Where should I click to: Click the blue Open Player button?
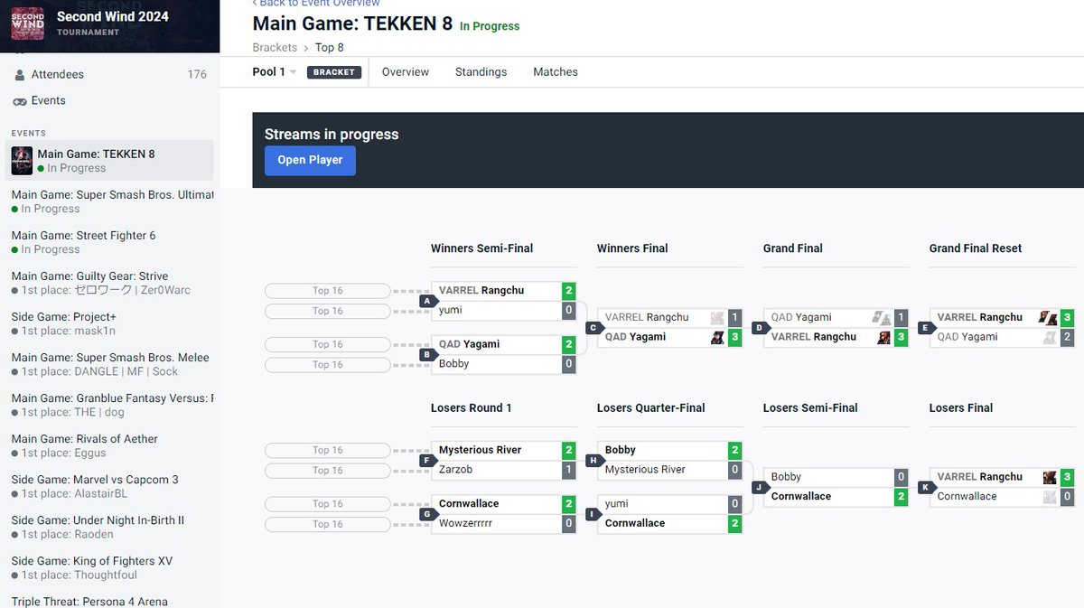(310, 160)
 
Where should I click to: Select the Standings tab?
(481, 72)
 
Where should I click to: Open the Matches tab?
(555, 72)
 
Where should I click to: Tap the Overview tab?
(405, 72)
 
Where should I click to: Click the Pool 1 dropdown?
(274, 72)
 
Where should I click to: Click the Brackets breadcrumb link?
(275, 48)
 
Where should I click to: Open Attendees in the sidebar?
(57, 75)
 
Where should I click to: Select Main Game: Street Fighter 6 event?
(83, 242)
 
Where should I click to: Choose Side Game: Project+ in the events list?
(63, 323)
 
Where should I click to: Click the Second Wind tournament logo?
(28, 23)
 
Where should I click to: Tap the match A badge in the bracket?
(426, 301)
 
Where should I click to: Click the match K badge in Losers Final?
(925, 488)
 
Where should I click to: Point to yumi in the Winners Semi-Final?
(450, 310)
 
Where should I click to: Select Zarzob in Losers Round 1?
(455, 470)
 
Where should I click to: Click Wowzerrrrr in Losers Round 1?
(465, 523)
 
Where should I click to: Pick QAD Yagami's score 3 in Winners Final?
(734, 337)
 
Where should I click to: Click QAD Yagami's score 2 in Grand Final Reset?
(1067, 337)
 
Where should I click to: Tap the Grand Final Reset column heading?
(975, 248)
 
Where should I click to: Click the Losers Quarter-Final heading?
(650, 408)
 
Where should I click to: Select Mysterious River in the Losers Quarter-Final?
(645, 470)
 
